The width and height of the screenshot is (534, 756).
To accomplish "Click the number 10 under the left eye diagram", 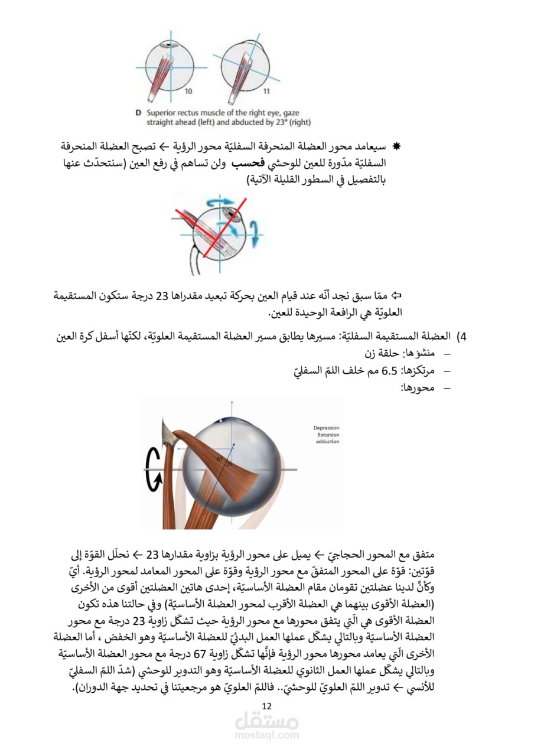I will [188, 91].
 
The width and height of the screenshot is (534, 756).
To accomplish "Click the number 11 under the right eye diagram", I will [266, 91].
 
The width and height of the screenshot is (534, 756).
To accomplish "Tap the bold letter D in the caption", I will [138, 113].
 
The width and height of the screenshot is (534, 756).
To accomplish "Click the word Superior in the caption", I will [161, 113].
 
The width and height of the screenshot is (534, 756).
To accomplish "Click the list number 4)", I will [463, 337].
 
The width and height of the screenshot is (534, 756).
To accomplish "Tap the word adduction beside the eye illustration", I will [327, 442].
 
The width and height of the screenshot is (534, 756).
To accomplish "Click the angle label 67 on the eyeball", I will [220, 458].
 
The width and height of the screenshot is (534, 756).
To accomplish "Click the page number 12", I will [266, 706].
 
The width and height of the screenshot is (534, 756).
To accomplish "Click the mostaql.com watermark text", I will [267, 736].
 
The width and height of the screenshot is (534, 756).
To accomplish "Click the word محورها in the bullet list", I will [418, 387].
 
